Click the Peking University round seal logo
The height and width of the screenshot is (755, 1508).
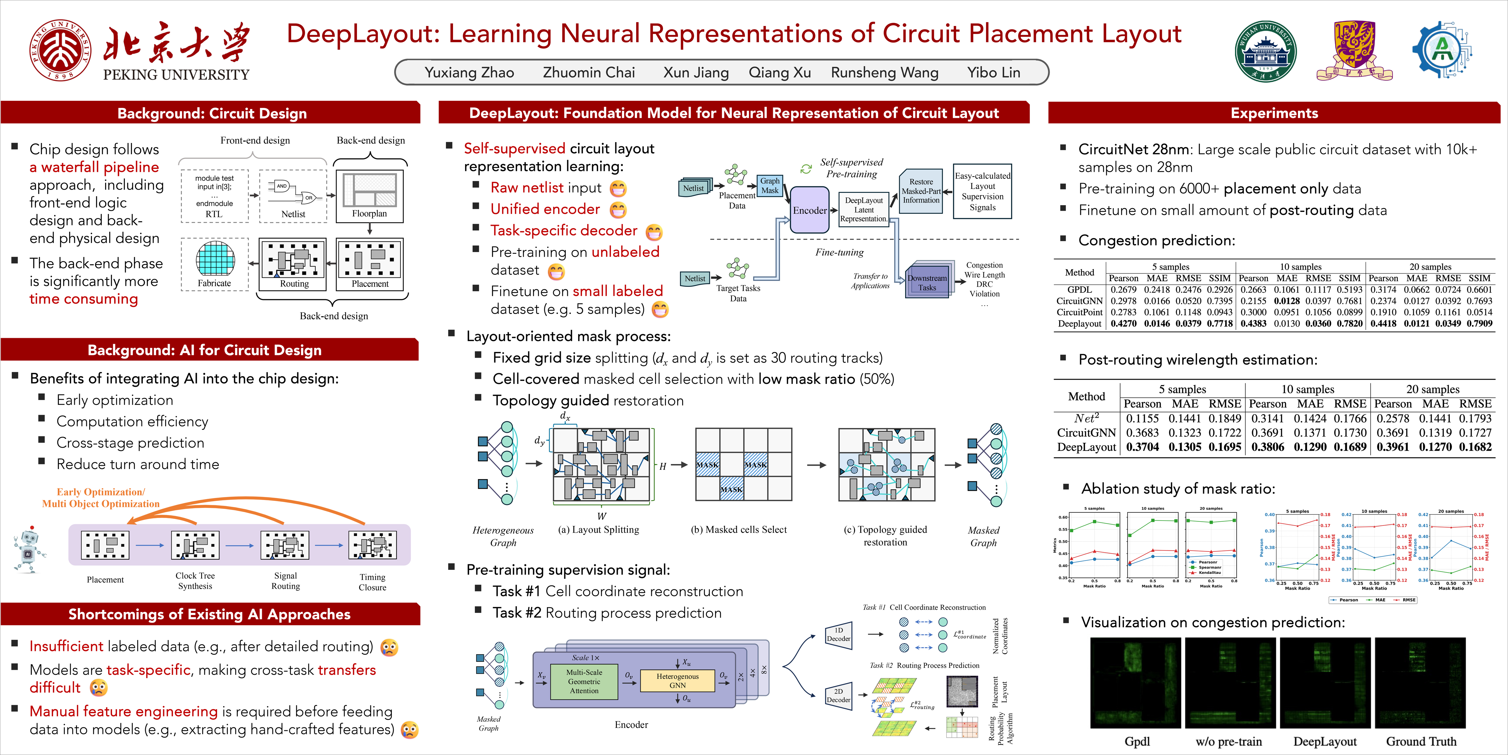point(60,50)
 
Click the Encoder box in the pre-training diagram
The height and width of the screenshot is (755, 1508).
point(810,210)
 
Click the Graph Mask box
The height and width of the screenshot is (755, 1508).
point(770,186)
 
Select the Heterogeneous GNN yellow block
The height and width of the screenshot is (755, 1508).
point(677,681)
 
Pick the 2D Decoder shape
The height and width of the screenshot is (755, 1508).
point(838,696)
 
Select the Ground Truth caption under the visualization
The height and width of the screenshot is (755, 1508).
point(1421,741)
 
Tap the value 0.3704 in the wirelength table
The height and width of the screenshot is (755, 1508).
point(1142,447)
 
